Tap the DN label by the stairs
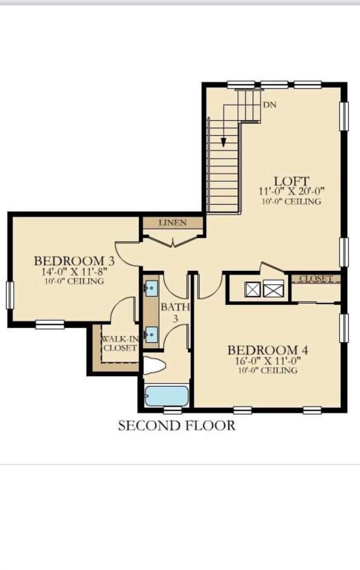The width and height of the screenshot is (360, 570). (269, 105)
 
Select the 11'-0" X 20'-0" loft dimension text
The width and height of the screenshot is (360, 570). (291, 191)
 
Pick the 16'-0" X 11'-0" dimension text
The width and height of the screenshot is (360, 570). (267, 361)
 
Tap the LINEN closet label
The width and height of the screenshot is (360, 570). (171, 223)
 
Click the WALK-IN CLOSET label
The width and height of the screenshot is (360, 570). (119, 344)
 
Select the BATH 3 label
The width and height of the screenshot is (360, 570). (176, 312)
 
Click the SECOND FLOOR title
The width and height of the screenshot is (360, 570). (177, 425)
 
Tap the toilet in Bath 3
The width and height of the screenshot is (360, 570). (156, 367)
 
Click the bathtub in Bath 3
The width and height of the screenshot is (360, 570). (166, 396)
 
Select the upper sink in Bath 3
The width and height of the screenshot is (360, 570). (151, 287)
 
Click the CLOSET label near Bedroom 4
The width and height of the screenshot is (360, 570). (315, 279)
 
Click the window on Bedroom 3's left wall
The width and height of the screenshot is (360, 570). (10, 295)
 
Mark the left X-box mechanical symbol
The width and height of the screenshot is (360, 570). (252, 289)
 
